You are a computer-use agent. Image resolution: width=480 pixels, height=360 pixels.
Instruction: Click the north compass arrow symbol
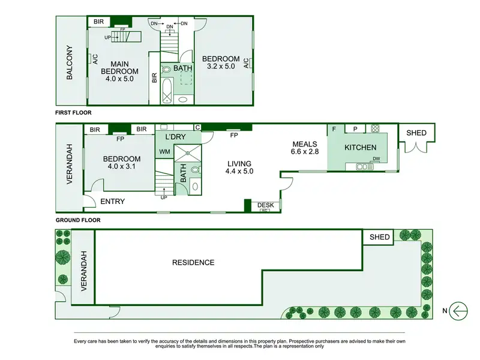458,311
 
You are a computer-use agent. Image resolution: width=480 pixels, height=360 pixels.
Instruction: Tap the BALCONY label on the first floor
70,63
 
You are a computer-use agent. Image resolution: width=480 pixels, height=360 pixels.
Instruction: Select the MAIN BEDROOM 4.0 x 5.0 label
119,71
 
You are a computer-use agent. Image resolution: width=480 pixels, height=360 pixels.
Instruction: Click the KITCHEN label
361,148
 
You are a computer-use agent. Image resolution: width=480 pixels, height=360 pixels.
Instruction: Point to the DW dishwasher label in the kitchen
376,158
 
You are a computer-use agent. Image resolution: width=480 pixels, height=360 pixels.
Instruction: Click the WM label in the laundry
164,152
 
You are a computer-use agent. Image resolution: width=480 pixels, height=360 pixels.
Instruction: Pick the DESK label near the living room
265,205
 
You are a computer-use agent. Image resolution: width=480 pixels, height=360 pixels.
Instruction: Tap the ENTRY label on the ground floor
113,202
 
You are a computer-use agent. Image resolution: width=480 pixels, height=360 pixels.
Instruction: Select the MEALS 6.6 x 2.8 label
305,148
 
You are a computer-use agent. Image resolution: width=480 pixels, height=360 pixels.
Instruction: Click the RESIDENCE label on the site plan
193,263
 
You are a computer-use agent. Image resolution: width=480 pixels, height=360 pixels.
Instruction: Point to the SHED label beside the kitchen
416,133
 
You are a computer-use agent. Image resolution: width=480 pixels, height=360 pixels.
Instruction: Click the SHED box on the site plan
378,237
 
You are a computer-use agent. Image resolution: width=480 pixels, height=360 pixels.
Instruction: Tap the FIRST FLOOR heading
73,113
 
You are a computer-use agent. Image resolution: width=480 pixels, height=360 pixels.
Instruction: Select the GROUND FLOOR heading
78,220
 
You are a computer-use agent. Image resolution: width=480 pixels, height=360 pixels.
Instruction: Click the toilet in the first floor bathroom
166,70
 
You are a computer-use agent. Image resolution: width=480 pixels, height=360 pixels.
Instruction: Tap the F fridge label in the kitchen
334,129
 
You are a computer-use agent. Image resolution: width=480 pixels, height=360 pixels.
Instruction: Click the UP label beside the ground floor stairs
164,198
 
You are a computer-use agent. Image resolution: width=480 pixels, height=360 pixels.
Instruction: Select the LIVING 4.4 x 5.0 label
239,167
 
